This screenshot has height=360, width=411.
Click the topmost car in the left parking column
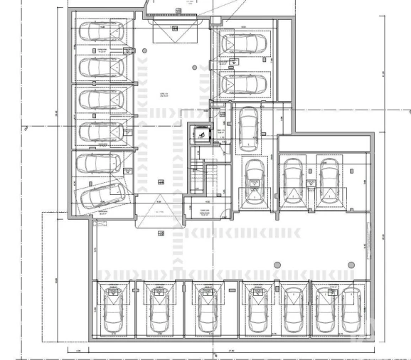pos(101,32)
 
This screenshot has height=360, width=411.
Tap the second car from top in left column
pos(101,68)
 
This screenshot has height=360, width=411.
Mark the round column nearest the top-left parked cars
pos(144,51)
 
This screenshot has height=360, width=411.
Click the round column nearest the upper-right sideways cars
pos(195,68)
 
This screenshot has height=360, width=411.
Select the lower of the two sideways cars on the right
pos(243,84)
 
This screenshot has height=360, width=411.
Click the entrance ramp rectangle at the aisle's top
pos(174,28)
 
